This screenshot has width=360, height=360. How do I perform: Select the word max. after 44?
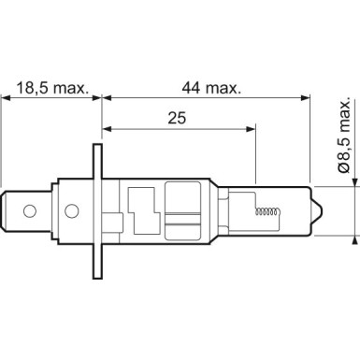click(x=222, y=89)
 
